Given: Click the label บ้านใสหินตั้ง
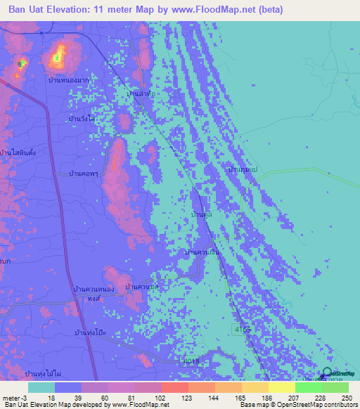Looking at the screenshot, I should click(18, 152).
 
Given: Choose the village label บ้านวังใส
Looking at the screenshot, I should click(82, 119).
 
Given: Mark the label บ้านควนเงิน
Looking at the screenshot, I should click(202, 252).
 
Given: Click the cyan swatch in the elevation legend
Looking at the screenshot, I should click(41, 387).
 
